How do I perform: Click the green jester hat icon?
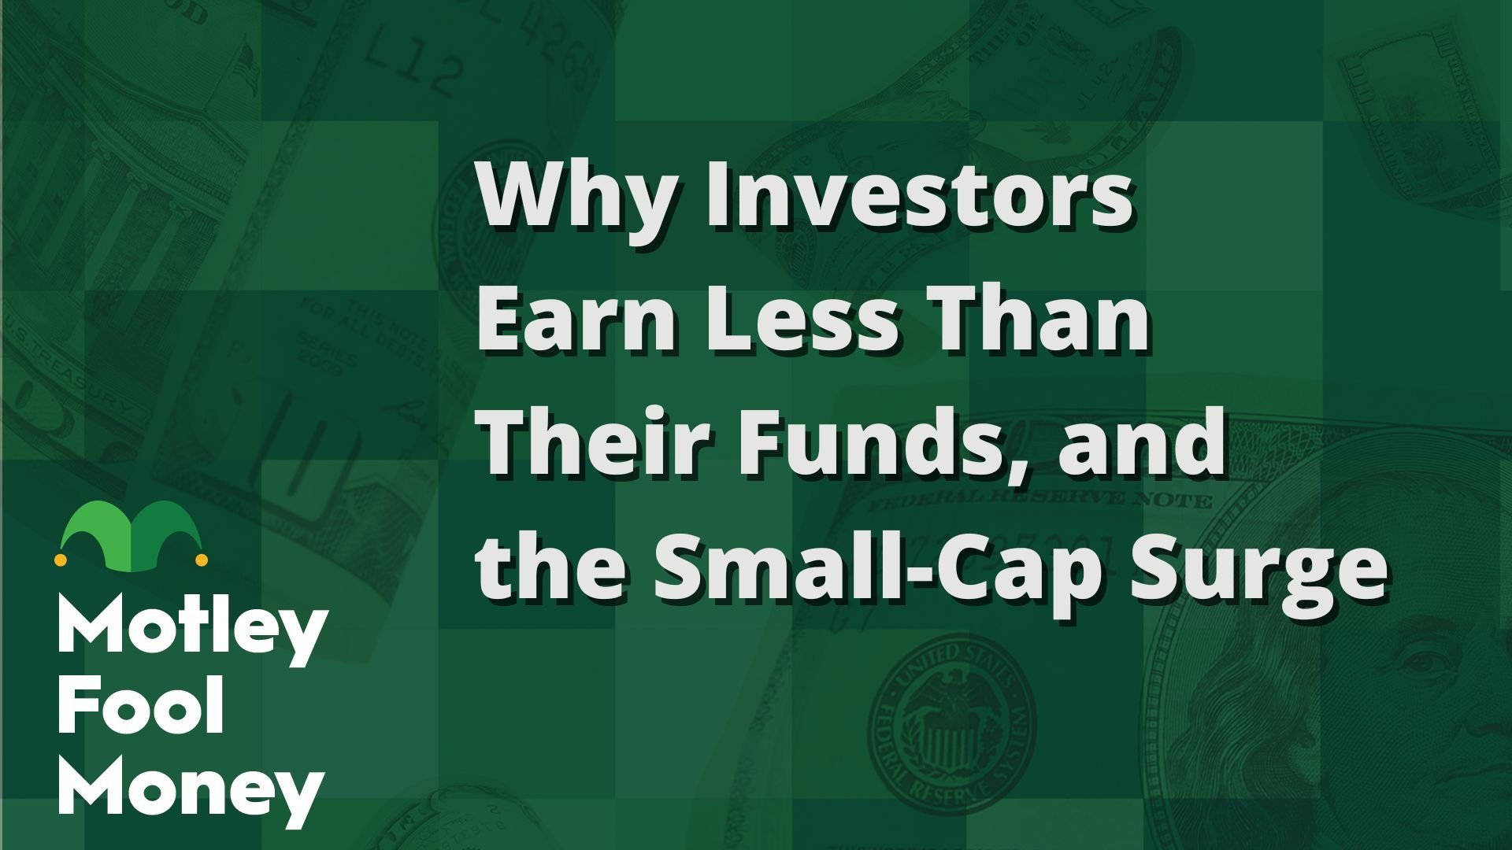point(132,530)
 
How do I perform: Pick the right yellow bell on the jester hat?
point(202,560)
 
